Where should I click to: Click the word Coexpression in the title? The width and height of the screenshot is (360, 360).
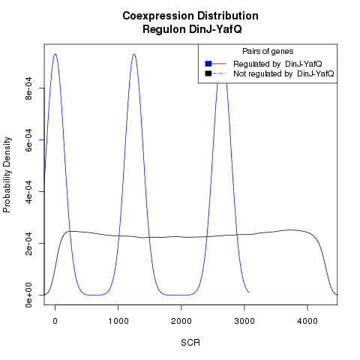point(158,16)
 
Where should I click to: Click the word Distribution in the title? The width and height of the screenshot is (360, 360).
point(228,16)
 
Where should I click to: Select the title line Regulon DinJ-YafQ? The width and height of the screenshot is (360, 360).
point(192,29)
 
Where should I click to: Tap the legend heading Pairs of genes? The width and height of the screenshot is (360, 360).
point(268,51)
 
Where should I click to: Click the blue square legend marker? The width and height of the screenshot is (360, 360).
point(208,64)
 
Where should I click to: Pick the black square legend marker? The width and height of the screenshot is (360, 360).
point(208,73)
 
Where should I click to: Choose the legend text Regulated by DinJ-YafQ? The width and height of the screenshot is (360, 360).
point(277,64)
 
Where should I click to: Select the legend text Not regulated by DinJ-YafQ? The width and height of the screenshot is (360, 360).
point(283,73)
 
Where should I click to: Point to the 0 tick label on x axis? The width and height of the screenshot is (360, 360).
point(55,321)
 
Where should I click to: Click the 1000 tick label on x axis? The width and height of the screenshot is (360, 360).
point(118,321)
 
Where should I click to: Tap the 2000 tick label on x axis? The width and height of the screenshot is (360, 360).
point(181,321)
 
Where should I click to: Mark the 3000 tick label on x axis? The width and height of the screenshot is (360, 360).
point(244,321)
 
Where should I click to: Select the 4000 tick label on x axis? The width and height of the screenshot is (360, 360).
point(307,321)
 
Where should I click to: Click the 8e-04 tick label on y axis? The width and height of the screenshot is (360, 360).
point(29,88)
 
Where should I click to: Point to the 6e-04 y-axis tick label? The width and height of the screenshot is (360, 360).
point(29,140)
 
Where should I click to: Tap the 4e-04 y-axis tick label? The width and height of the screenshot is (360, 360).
point(29,191)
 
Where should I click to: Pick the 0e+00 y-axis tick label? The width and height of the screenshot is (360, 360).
point(29,295)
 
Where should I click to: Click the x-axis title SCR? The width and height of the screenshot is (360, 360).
point(190,343)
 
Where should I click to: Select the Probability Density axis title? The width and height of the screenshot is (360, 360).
point(7,175)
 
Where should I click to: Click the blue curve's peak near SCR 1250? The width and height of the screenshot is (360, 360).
point(134,54)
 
